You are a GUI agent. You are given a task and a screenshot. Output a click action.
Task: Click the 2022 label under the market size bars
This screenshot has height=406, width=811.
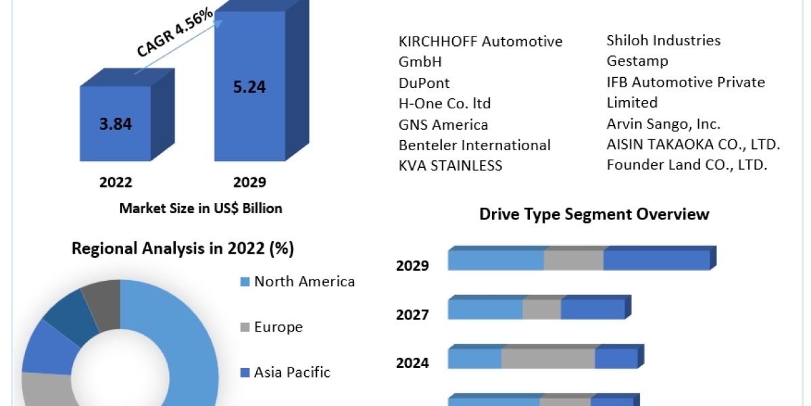tap(116, 183)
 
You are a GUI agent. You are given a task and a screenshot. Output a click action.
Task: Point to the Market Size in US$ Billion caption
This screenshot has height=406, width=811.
tap(201, 208)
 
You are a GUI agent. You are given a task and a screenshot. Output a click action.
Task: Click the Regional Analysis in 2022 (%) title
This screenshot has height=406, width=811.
tap(182, 248)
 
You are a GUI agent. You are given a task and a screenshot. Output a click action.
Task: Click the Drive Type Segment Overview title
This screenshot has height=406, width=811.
tap(594, 215)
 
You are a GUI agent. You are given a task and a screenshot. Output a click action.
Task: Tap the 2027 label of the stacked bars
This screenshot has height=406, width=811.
tap(412, 315)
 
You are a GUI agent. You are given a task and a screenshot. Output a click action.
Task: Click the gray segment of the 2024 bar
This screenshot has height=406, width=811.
tap(547, 359)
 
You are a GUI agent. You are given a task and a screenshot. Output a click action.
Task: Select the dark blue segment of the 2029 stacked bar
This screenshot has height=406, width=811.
tap(656, 261)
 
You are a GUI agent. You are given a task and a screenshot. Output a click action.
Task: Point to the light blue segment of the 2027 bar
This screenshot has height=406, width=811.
tap(485, 309)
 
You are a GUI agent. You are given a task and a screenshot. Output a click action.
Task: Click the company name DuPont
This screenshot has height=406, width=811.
tap(424, 83)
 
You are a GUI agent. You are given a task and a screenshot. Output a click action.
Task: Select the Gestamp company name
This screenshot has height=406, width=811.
tap(637, 61)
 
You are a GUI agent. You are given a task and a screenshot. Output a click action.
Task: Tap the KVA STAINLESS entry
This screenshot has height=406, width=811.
tap(451, 166)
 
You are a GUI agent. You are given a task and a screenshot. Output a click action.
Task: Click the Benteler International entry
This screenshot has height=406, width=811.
tap(474, 145)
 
